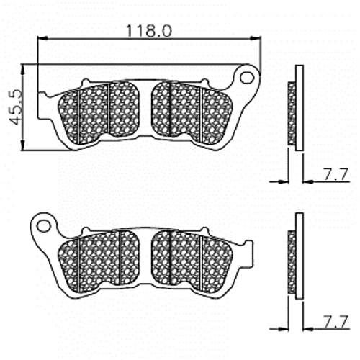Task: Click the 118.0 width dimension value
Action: (148, 31)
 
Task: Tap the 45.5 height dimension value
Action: (15, 107)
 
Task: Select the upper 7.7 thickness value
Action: (336, 174)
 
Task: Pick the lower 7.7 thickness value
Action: (336, 322)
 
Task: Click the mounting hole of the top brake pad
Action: (247, 78)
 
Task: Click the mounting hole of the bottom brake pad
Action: (44, 226)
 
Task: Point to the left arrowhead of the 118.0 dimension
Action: (42, 38)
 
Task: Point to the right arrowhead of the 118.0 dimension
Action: (256, 38)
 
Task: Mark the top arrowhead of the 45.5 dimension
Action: (23, 70)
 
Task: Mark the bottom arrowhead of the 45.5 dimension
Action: (23, 145)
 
